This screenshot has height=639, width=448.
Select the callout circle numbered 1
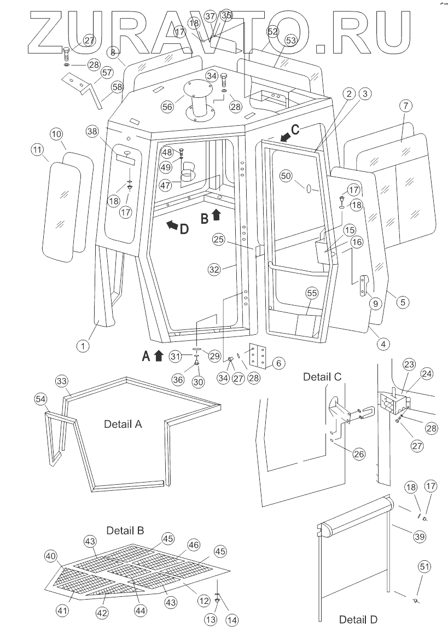[x=83, y=345]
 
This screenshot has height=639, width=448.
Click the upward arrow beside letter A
[x=159, y=356]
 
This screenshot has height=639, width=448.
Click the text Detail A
[x=124, y=424]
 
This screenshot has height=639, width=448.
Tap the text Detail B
[x=125, y=530]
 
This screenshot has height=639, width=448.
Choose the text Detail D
[x=358, y=620]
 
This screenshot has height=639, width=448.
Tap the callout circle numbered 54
[x=40, y=400]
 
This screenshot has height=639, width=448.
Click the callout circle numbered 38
[x=92, y=131]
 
